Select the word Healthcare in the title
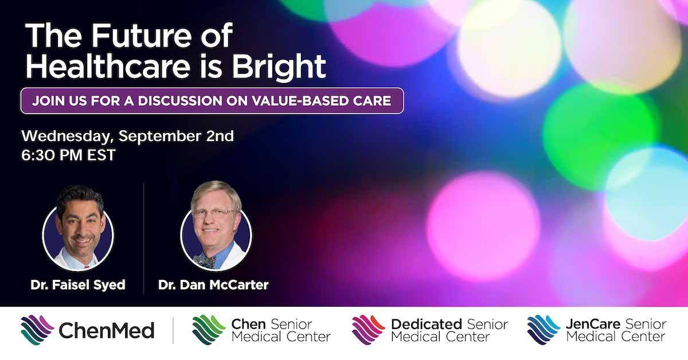(x=108, y=66)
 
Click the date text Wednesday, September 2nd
(x=127, y=136)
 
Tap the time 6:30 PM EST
(x=68, y=155)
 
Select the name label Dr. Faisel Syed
(x=78, y=285)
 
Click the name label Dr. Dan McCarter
(x=213, y=285)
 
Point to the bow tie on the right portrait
(x=205, y=261)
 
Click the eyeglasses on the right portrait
(x=213, y=213)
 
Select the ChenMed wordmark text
(x=106, y=331)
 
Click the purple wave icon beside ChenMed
(x=37, y=330)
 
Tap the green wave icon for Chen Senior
(x=209, y=330)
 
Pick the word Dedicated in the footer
(x=427, y=324)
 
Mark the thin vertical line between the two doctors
(x=144, y=238)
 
